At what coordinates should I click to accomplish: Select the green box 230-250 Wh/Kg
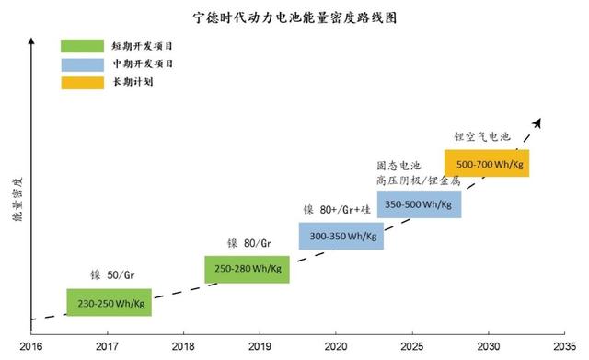click(x=109, y=302)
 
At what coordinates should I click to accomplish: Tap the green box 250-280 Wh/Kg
click(x=247, y=269)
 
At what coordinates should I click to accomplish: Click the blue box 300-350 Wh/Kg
click(x=341, y=236)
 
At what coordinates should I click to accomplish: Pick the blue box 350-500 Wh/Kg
click(x=419, y=203)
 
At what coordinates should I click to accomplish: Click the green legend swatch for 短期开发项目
click(x=83, y=45)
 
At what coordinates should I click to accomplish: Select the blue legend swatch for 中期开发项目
click(x=83, y=64)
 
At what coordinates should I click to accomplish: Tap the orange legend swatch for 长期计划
click(x=83, y=83)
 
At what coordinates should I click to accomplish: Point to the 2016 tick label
click(x=31, y=347)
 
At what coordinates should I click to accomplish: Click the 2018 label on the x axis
click(x=183, y=347)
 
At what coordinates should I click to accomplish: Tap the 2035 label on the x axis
click(x=562, y=347)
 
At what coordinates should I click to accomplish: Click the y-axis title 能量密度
click(x=16, y=197)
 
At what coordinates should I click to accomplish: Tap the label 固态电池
click(x=398, y=166)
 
